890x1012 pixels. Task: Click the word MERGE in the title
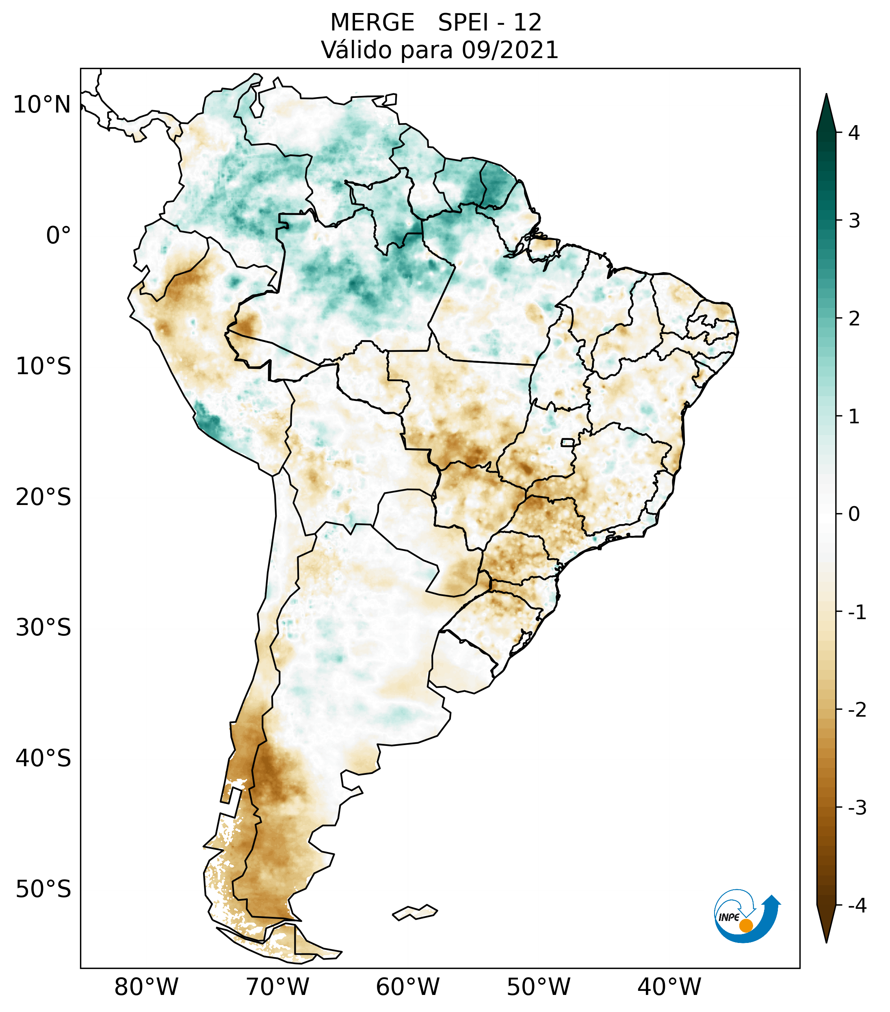[372, 23]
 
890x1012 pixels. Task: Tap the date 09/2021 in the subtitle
[510, 50]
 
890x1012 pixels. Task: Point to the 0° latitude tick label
[58, 236]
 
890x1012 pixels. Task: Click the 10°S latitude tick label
[43, 366]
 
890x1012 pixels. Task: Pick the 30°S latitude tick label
[43, 628]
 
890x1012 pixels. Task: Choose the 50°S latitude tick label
[43, 889]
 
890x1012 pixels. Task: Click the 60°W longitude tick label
[407, 987]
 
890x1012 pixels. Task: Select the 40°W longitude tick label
[669, 987]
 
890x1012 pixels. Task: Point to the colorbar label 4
[854, 133]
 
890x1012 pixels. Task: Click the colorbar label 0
[854, 514]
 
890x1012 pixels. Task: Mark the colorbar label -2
[857, 710]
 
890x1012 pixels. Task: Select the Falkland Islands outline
[415, 912]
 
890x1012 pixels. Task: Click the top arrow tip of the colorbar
[826, 95]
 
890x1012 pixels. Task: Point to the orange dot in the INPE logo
[745, 925]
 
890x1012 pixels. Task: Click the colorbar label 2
[854, 319]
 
